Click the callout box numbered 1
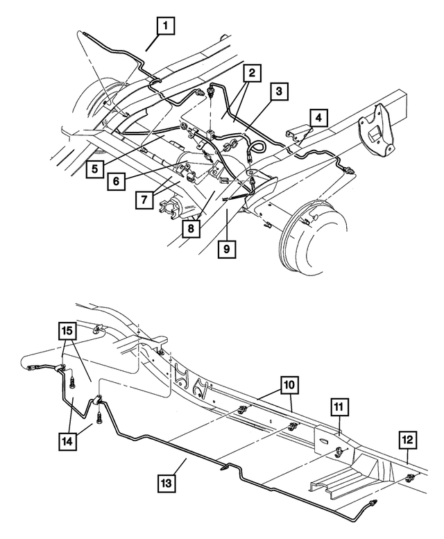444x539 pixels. (x=165, y=27)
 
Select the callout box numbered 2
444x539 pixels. (x=251, y=72)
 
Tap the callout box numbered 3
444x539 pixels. (x=279, y=91)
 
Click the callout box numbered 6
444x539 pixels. (x=117, y=180)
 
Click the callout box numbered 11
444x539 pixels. (x=340, y=408)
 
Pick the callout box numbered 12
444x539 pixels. (x=408, y=440)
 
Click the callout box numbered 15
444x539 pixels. (x=67, y=334)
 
